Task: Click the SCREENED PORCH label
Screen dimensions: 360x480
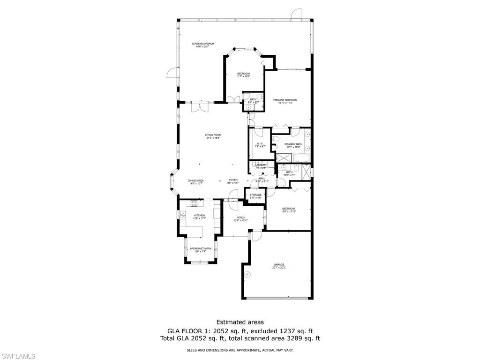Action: click(x=202, y=44)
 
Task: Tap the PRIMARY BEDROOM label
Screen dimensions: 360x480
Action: click(x=285, y=100)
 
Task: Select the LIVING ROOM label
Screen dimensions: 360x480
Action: click(x=213, y=135)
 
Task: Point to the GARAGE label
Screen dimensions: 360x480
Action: click(x=279, y=264)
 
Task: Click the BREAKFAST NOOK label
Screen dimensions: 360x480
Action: click(x=200, y=248)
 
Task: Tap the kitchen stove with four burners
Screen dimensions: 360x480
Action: click(x=194, y=203)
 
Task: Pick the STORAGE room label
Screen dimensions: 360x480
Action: click(x=255, y=195)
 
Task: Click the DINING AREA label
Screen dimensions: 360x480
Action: click(x=196, y=180)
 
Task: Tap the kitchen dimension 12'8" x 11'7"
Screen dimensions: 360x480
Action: click(x=200, y=218)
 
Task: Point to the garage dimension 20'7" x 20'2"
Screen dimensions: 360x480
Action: click(x=279, y=268)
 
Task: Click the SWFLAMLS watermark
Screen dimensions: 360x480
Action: click(x=18, y=356)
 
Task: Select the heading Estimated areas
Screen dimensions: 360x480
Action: click(x=240, y=322)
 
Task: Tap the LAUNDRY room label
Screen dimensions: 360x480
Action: click(x=261, y=165)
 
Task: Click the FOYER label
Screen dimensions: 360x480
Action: click(x=233, y=180)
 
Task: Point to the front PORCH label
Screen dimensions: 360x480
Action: click(x=241, y=217)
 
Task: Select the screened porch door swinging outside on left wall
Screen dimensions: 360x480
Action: click(x=172, y=73)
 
